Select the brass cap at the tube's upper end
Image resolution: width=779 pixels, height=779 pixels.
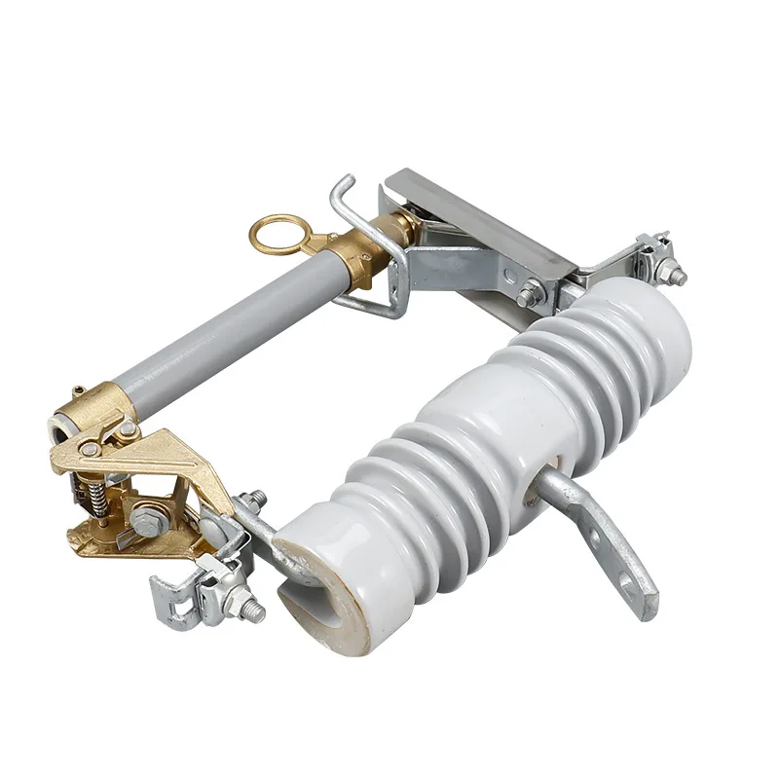click(351, 257)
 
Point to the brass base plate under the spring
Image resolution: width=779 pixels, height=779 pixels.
click(107, 536)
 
